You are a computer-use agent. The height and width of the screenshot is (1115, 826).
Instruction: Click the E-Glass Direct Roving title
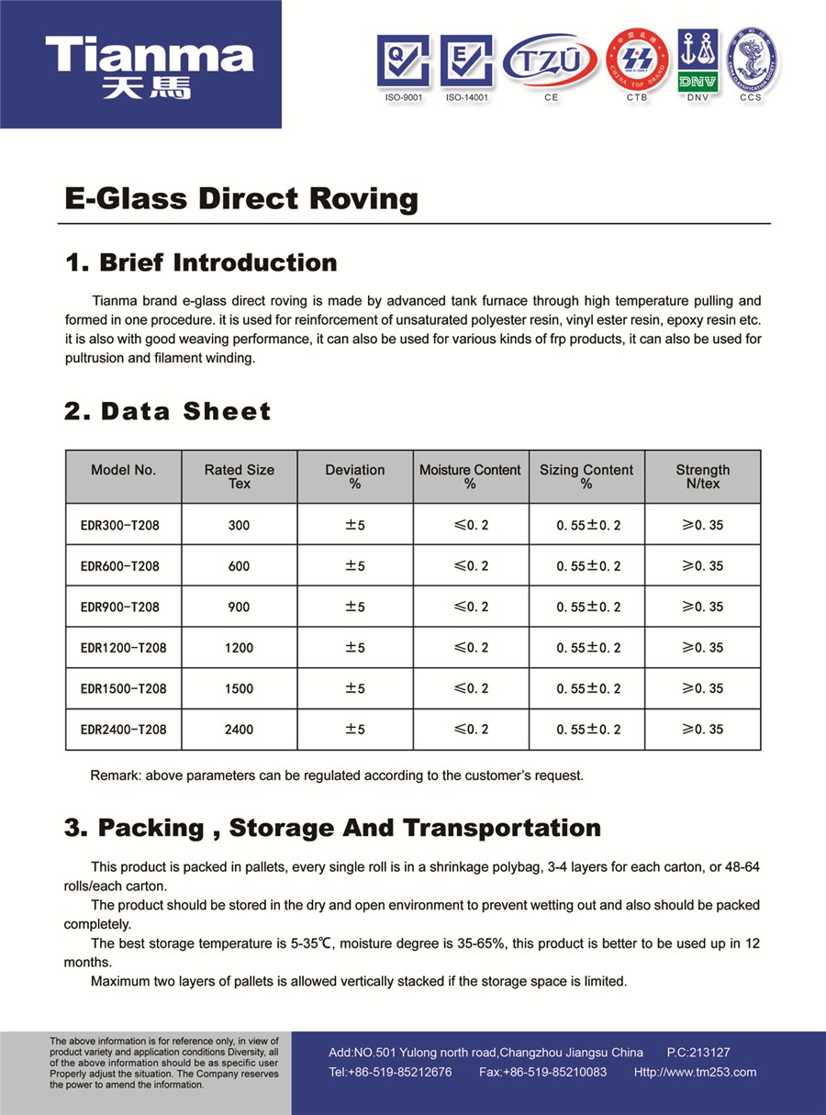241,199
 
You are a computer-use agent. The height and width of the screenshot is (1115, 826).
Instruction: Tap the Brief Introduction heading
201,263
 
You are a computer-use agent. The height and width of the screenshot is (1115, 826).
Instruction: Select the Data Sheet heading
168,411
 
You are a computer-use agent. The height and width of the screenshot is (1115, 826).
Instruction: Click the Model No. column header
123,471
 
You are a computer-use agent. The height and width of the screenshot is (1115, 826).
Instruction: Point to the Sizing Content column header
586,476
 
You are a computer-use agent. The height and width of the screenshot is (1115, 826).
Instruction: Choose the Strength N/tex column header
703,476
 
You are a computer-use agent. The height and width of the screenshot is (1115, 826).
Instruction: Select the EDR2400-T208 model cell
123,730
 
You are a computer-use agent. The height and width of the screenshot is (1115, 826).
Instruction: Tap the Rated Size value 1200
239,648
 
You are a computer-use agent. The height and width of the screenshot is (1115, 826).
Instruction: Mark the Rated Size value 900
239,608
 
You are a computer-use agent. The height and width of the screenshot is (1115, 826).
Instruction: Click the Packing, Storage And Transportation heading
332,828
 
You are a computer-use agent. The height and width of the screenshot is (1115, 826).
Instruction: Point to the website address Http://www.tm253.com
695,1072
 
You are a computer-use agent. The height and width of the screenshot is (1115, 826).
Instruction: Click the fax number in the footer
542,1072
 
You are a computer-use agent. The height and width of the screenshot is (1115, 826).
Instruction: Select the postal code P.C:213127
698,1053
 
